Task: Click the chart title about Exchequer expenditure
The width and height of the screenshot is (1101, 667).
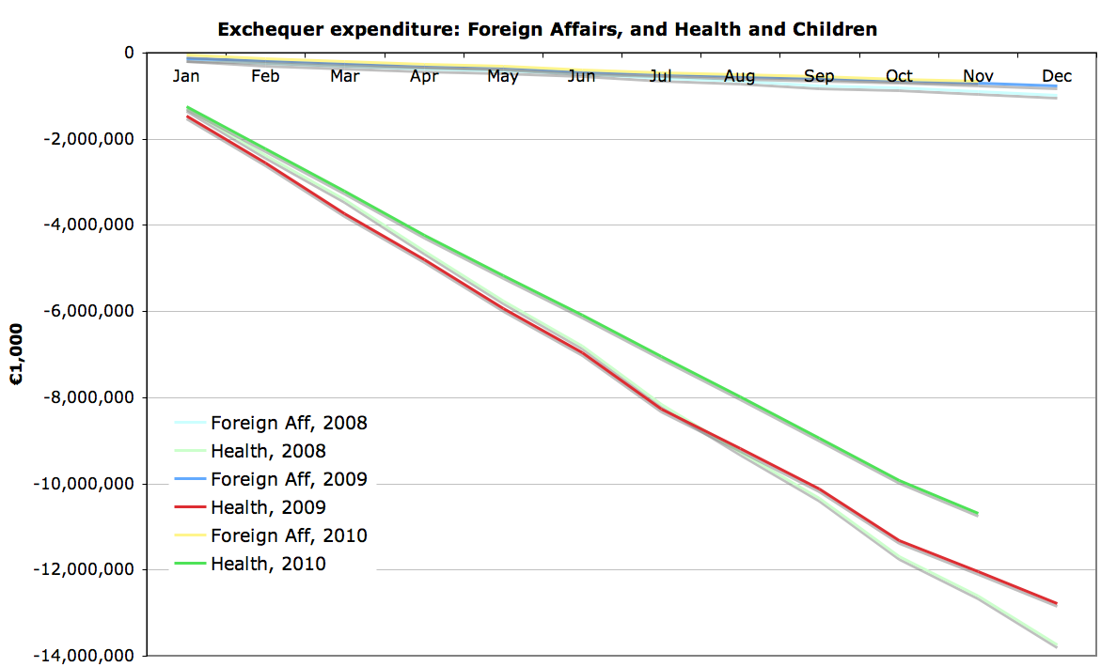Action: click(x=547, y=29)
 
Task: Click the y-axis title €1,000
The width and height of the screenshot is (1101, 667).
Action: click(x=17, y=354)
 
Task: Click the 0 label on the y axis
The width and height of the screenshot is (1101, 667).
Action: click(x=129, y=53)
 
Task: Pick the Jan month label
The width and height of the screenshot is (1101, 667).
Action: click(x=186, y=76)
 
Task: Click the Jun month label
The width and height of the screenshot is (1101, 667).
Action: click(x=581, y=76)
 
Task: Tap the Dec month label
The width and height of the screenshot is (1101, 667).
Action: click(x=1057, y=76)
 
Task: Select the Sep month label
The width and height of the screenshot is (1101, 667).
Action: click(x=819, y=76)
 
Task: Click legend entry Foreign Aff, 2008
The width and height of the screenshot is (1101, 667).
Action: click(x=289, y=423)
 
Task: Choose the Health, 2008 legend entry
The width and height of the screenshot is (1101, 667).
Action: click(x=268, y=451)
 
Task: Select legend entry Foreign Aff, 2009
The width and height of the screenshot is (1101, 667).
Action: click(x=289, y=479)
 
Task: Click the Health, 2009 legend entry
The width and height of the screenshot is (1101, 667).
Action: click(x=268, y=507)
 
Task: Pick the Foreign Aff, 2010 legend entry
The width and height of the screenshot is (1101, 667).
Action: click(x=289, y=535)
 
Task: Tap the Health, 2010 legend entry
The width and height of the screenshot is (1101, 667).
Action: click(x=268, y=564)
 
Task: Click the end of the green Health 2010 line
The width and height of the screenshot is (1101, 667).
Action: click(x=978, y=513)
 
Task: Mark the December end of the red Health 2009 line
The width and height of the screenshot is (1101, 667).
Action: click(x=1057, y=603)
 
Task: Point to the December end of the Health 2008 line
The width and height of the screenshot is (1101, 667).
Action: click(x=1057, y=646)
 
